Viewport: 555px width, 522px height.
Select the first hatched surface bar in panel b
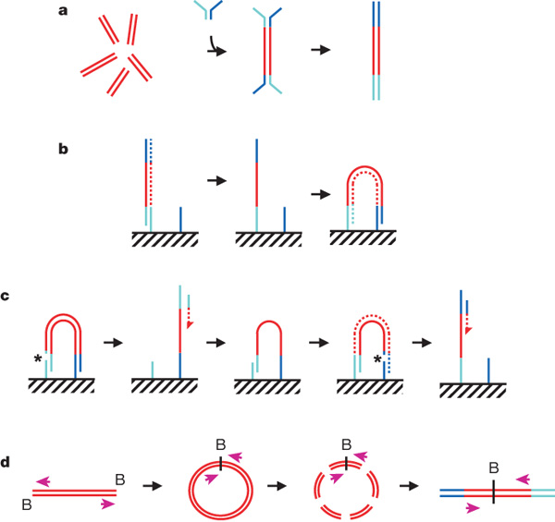(165, 238)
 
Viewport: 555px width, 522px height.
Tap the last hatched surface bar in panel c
(475, 391)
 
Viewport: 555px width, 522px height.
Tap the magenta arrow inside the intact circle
(213, 477)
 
